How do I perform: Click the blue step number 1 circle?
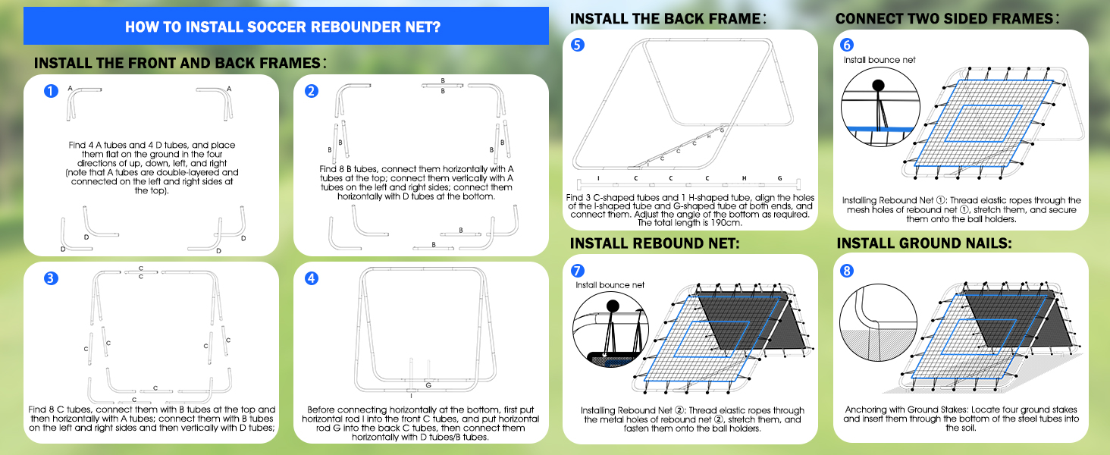pyautogui.click(x=50, y=91)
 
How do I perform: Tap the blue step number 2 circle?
pyautogui.click(x=312, y=91)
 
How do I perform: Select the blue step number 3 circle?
pyautogui.click(x=50, y=278)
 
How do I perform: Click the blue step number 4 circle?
pyautogui.click(x=312, y=278)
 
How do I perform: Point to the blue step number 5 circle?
pyautogui.click(x=578, y=45)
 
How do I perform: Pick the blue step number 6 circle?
pyautogui.click(x=848, y=44)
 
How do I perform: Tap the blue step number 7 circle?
pyautogui.click(x=578, y=270)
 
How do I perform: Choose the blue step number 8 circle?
pyautogui.click(x=848, y=270)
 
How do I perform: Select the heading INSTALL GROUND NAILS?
pyautogui.click(x=924, y=243)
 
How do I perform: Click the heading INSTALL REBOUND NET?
pyautogui.click(x=654, y=243)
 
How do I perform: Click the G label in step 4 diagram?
pyautogui.click(x=428, y=385)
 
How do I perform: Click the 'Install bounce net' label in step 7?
pyautogui.click(x=610, y=285)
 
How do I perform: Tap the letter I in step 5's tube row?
pyautogui.click(x=598, y=178)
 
